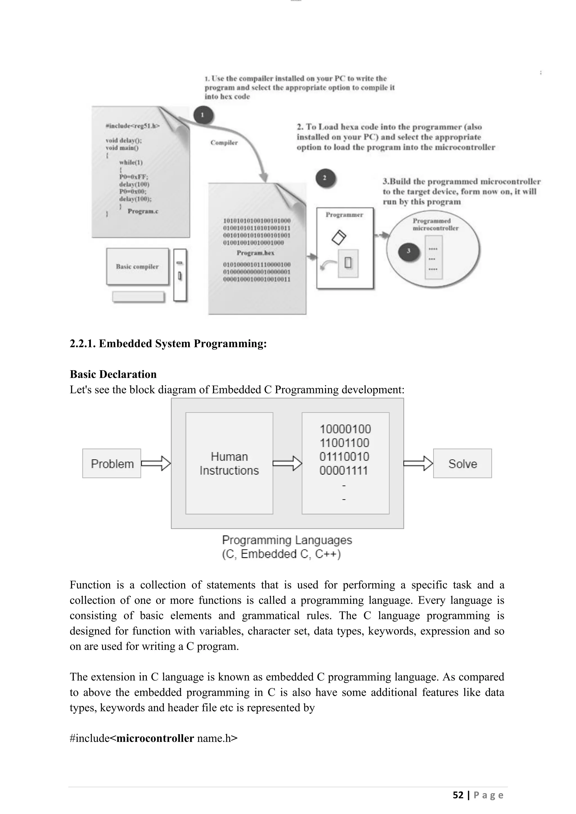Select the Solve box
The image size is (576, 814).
pyautogui.click(x=462, y=463)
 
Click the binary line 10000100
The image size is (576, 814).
pyautogui.click(x=345, y=429)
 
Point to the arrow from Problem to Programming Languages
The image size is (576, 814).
pyautogui.click(x=156, y=463)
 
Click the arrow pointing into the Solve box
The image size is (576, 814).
pyautogui.click(x=418, y=463)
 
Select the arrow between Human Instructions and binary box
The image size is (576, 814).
pyautogui.click(x=287, y=463)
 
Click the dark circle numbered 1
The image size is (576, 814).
pyautogui.click(x=203, y=115)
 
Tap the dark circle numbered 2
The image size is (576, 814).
pyautogui.click(x=325, y=178)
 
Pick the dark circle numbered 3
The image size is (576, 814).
pyautogui.click(x=409, y=251)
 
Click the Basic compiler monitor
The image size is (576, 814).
pyautogui.click(x=138, y=267)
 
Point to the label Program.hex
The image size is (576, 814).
pyautogui.click(x=255, y=253)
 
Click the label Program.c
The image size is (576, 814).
pyautogui.click(x=143, y=211)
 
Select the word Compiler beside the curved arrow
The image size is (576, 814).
pyautogui.click(x=224, y=143)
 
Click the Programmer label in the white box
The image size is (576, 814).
pyautogui.click(x=345, y=215)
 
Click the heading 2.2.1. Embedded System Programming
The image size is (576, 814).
pyautogui.click(x=168, y=343)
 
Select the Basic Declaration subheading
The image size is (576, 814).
pyautogui.click(x=113, y=374)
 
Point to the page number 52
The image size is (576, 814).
pyautogui.click(x=458, y=795)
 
